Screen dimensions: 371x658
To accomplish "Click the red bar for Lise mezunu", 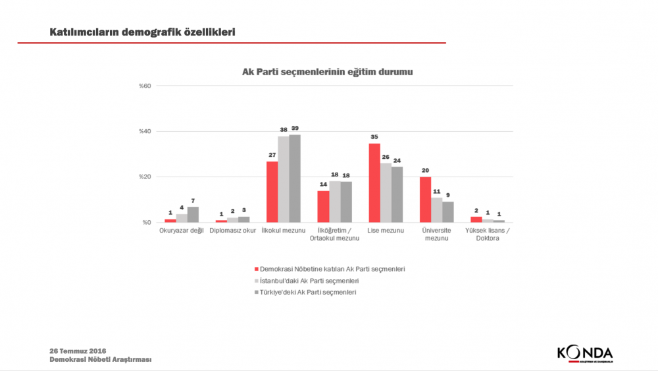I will click(x=374, y=183).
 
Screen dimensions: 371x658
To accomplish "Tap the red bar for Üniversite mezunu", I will click(x=425, y=200).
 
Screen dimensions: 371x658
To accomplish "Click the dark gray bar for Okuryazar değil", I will click(x=193, y=215).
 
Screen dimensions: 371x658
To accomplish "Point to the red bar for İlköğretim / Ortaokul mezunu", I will click(x=323, y=206).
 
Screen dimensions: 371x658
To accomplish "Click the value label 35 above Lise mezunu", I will click(x=374, y=138).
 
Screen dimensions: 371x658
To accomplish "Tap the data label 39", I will click(x=295, y=128).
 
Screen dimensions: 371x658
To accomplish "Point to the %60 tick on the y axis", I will click(x=145, y=86).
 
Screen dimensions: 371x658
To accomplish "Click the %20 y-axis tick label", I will click(x=145, y=177).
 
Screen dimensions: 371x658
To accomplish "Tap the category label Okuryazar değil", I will click(x=182, y=231).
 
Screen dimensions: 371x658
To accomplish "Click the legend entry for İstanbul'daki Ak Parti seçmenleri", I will click(x=309, y=281).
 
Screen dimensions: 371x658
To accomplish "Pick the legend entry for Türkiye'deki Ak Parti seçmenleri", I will click(x=308, y=292).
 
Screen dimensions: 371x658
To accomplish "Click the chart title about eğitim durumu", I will click(x=328, y=71).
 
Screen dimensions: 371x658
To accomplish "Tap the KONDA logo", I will click(x=584, y=353).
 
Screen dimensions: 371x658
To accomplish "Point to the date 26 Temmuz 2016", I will click(x=78, y=350).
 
